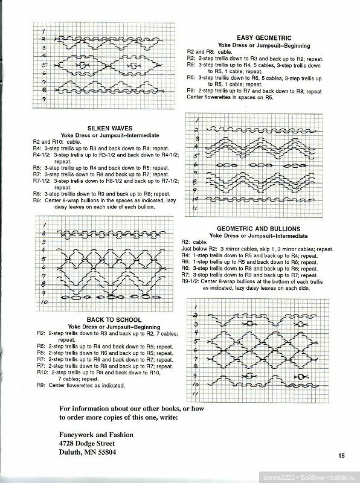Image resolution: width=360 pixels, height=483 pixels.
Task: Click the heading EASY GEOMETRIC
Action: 261,37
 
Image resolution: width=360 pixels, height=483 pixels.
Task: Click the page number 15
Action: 341,456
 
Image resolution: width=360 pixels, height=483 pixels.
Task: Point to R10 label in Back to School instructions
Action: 41,373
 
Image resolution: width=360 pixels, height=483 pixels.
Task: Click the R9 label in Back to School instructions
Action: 41,385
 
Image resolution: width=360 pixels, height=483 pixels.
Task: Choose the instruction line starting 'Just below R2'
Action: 199,249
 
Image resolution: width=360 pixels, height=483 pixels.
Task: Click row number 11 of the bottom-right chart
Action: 196,394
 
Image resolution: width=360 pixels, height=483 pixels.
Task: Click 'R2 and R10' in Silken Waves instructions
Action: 46,141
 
